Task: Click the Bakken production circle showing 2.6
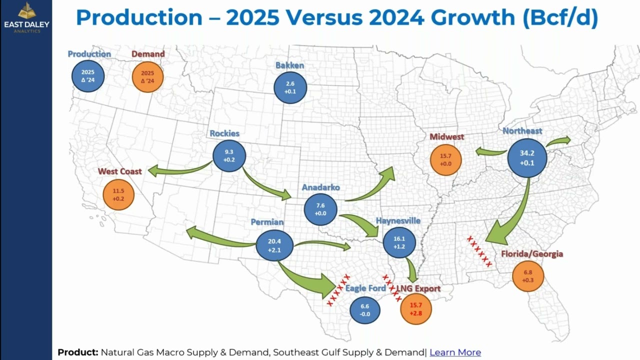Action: tap(290, 87)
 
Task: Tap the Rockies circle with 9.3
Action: tap(229, 155)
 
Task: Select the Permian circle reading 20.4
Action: tap(274, 245)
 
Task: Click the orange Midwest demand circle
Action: tap(445, 159)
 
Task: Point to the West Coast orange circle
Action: tap(118, 194)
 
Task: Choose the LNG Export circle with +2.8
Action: tap(416, 309)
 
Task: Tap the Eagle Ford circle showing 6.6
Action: tap(364, 310)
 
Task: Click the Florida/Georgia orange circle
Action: tap(528, 276)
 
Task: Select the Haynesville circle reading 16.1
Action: tap(399, 242)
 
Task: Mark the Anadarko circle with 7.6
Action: tap(320, 209)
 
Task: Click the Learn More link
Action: tap(455, 352)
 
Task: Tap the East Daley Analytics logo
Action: tap(26, 17)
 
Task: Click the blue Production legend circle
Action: tap(87, 76)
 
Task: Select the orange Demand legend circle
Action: tap(147, 76)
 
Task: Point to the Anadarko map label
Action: tap(320, 187)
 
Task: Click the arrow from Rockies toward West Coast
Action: tap(180, 170)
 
